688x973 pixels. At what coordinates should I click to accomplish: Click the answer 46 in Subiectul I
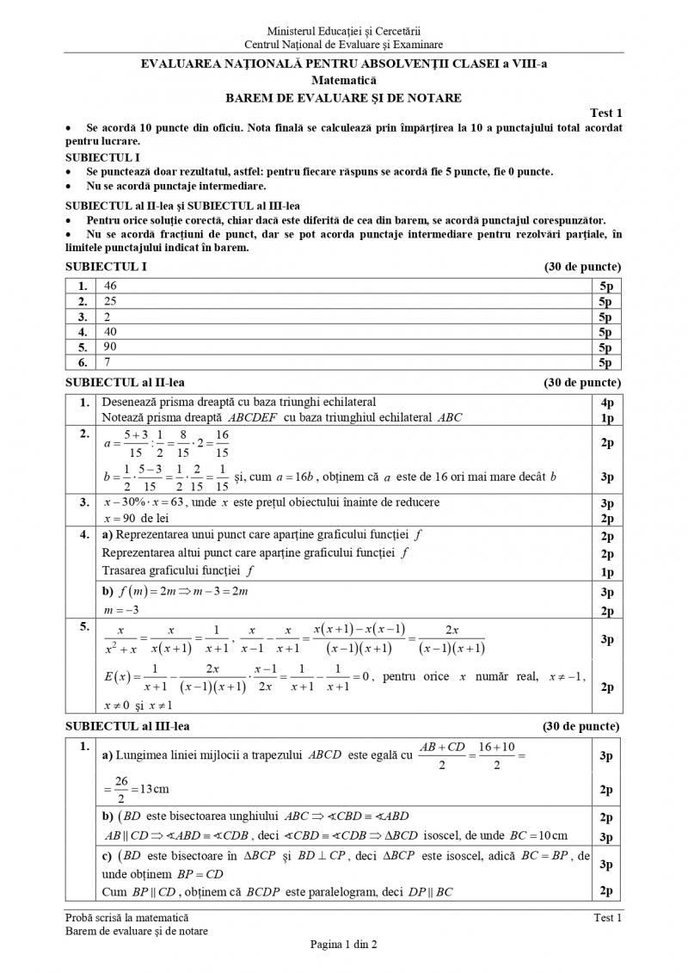coord(109,286)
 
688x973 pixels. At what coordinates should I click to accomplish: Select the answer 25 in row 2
coord(109,301)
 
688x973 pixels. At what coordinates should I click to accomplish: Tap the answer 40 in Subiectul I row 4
coord(109,332)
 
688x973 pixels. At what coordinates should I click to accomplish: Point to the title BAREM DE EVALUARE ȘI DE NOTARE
coord(343,97)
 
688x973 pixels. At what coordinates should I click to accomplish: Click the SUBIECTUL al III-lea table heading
coord(125,725)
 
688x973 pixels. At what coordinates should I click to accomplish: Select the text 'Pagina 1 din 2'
coord(343,943)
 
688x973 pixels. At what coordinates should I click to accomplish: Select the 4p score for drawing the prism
coord(606,402)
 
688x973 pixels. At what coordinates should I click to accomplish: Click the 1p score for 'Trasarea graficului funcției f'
coord(606,570)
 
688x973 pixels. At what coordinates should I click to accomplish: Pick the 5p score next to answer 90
coord(606,348)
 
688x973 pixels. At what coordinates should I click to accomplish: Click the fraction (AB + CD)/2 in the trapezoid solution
coord(440,755)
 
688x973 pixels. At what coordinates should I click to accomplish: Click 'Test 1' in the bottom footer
coord(607,918)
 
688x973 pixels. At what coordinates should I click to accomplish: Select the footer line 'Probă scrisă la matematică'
coord(127,918)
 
